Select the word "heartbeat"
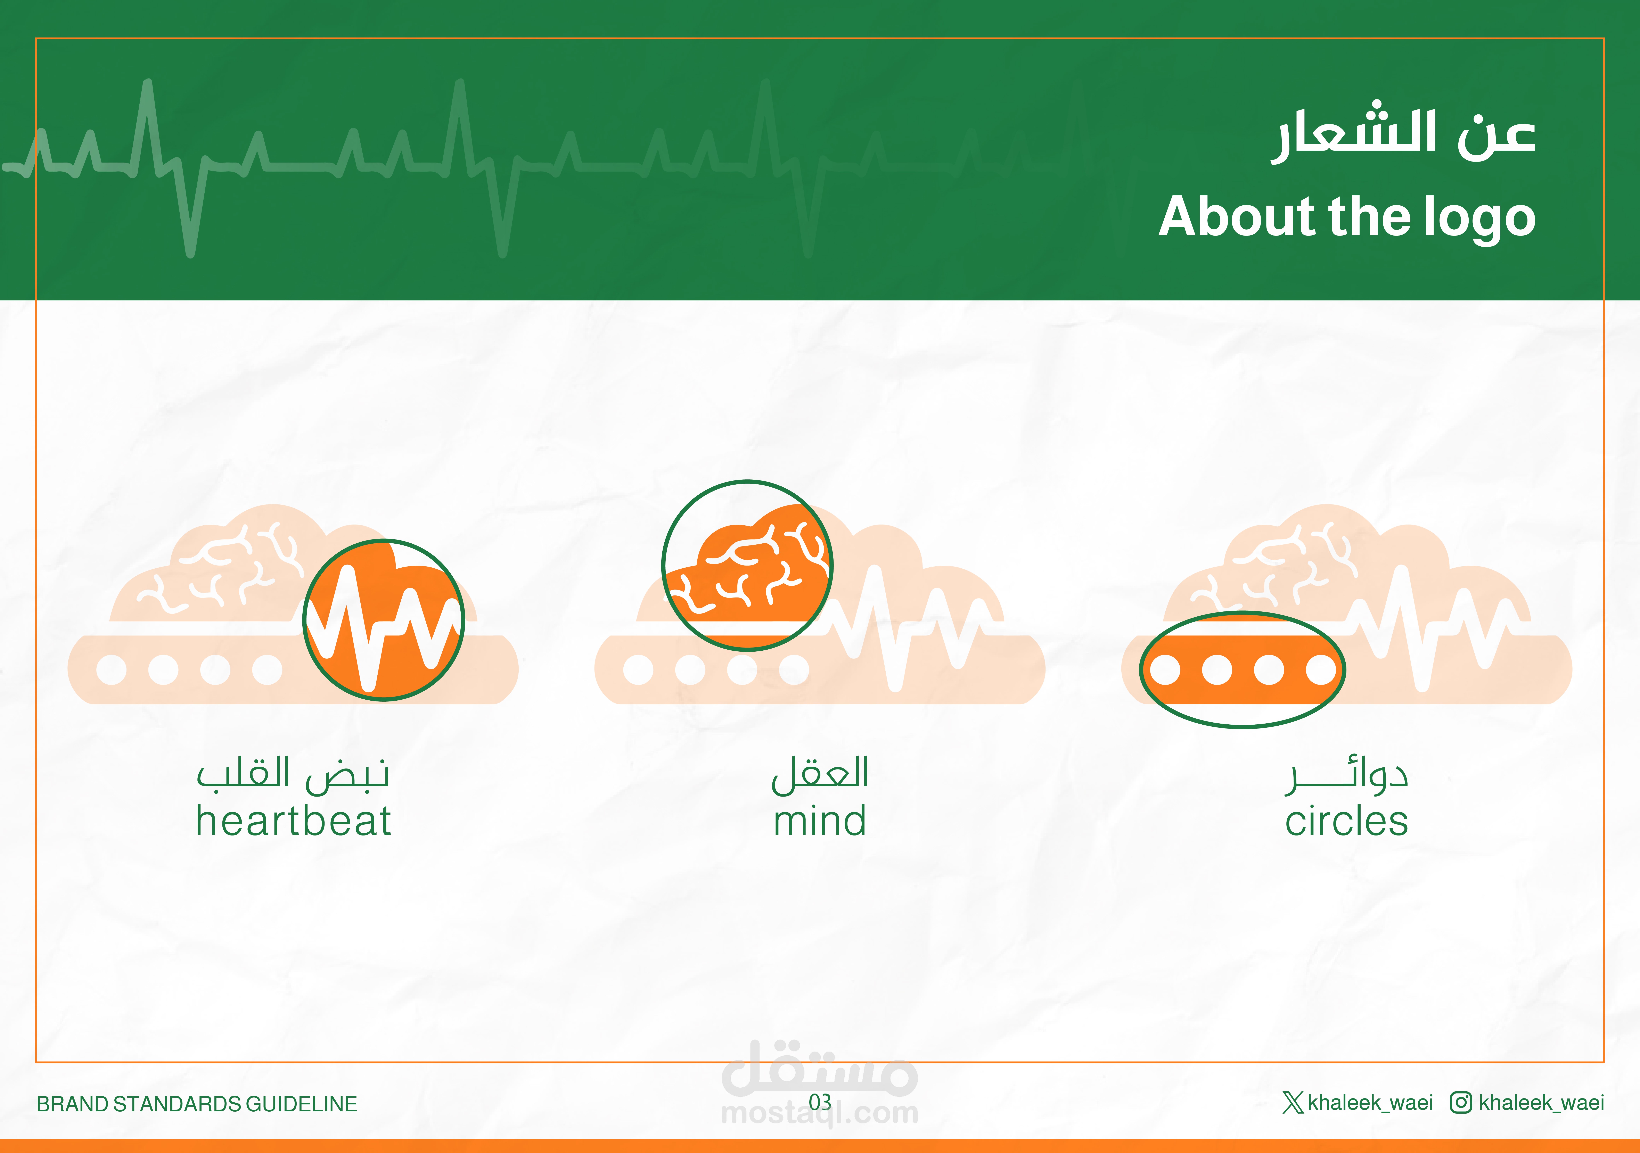[x=294, y=820]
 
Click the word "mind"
[x=820, y=820]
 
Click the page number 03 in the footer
[x=820, y=1102]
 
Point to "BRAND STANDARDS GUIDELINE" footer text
[x=196, y=1104]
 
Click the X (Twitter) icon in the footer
[x=1293, y=1102]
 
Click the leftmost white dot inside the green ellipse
[x=1165, y=670]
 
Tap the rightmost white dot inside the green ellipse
[x=1321, y=670]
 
